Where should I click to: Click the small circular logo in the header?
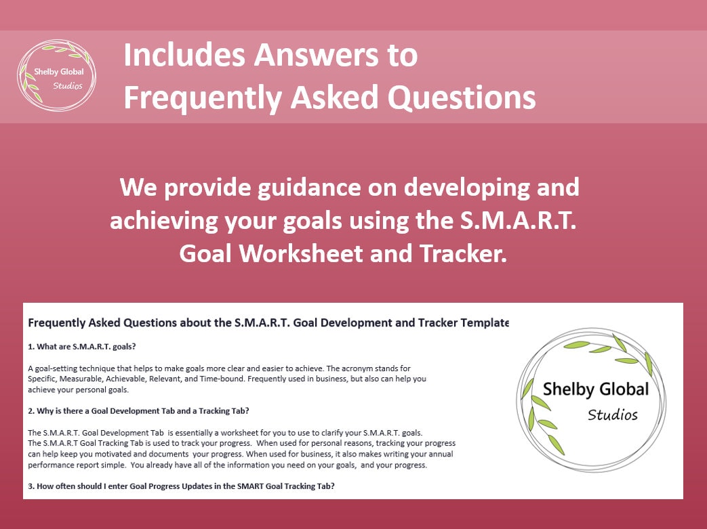coord(56,76)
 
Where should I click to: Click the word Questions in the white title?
coord(462,98)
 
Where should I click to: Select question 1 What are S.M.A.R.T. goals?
coord(82,347)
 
